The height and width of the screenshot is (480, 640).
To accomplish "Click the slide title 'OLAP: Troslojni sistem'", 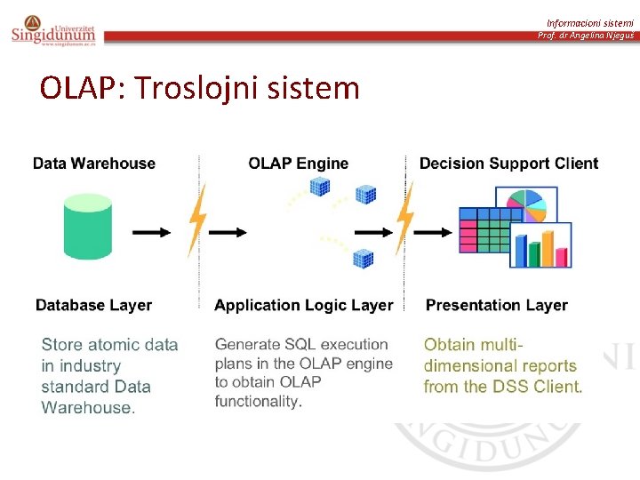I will (x=200, y=88).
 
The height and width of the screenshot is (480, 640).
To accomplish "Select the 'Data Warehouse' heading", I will (x=94, y=164).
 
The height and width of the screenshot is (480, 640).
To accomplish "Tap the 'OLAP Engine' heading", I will (x=299, y=164).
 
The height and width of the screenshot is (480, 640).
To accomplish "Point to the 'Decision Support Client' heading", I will (x=508, y=164).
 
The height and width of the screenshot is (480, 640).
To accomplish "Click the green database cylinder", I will (x=87, y=228).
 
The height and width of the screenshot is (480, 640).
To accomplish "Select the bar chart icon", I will (x=540, y=245).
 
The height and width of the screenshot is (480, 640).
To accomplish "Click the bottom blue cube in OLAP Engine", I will (x=363, y=259).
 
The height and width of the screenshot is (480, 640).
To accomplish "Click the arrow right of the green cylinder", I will (x=152, y=232).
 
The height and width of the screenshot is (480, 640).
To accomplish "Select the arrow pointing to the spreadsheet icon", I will (x=434, y=232).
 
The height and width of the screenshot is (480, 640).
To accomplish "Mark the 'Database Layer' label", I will (x=93, y=305).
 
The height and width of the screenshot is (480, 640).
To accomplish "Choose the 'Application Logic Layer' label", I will (x=303, y=305).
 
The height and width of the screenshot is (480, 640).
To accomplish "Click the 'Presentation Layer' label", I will (x=497, y=305).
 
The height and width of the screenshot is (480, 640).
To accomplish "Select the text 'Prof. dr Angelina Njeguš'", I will (x=587, y=36).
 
